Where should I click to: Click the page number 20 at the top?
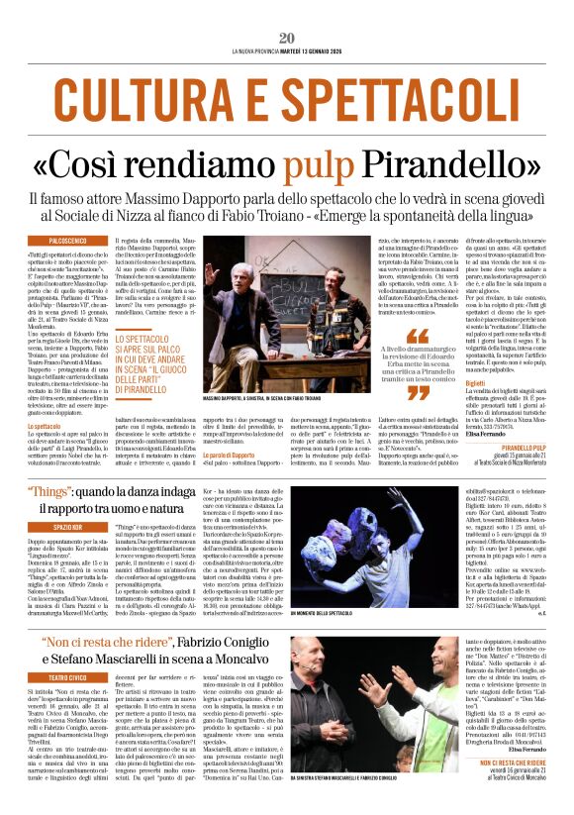(287, 38)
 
